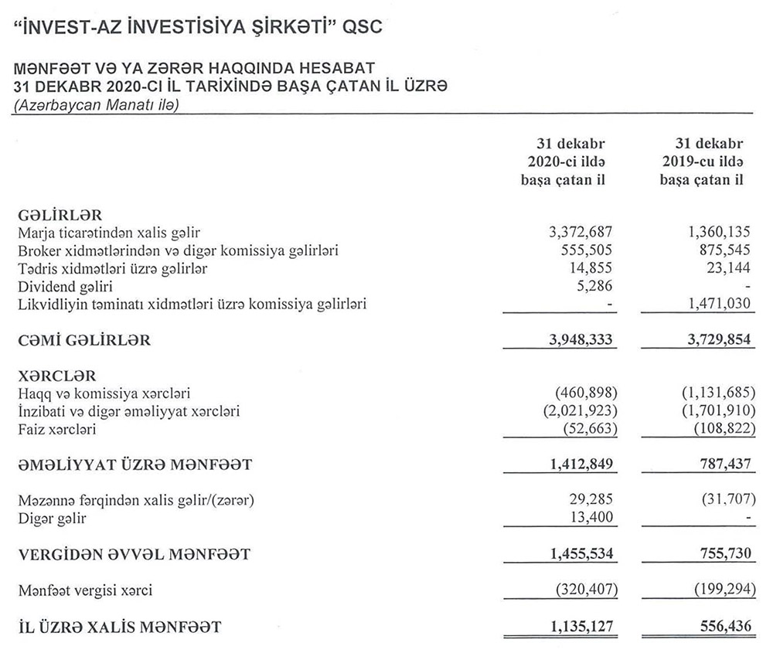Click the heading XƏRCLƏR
point(56,376)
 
